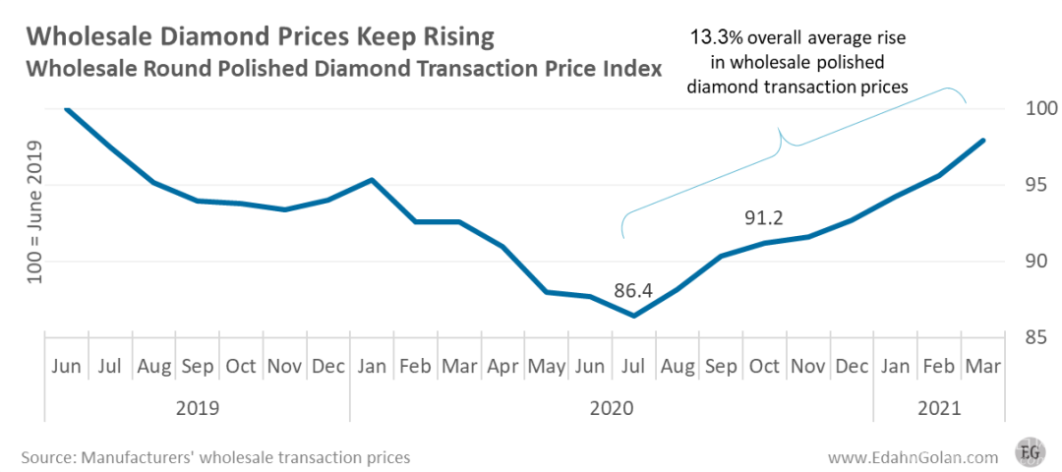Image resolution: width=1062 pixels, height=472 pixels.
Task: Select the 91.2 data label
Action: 763,217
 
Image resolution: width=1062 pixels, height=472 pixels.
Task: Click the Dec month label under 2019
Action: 328,367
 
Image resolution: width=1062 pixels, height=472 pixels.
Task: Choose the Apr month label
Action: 503,367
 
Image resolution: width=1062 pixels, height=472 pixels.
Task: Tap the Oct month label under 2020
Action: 764,367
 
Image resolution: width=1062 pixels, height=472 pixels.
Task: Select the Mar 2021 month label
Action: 983,367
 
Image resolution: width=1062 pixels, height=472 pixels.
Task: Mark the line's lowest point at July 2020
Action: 634,316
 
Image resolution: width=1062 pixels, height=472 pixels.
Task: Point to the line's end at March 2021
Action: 983,141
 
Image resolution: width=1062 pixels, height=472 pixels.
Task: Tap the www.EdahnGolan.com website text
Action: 913,457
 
